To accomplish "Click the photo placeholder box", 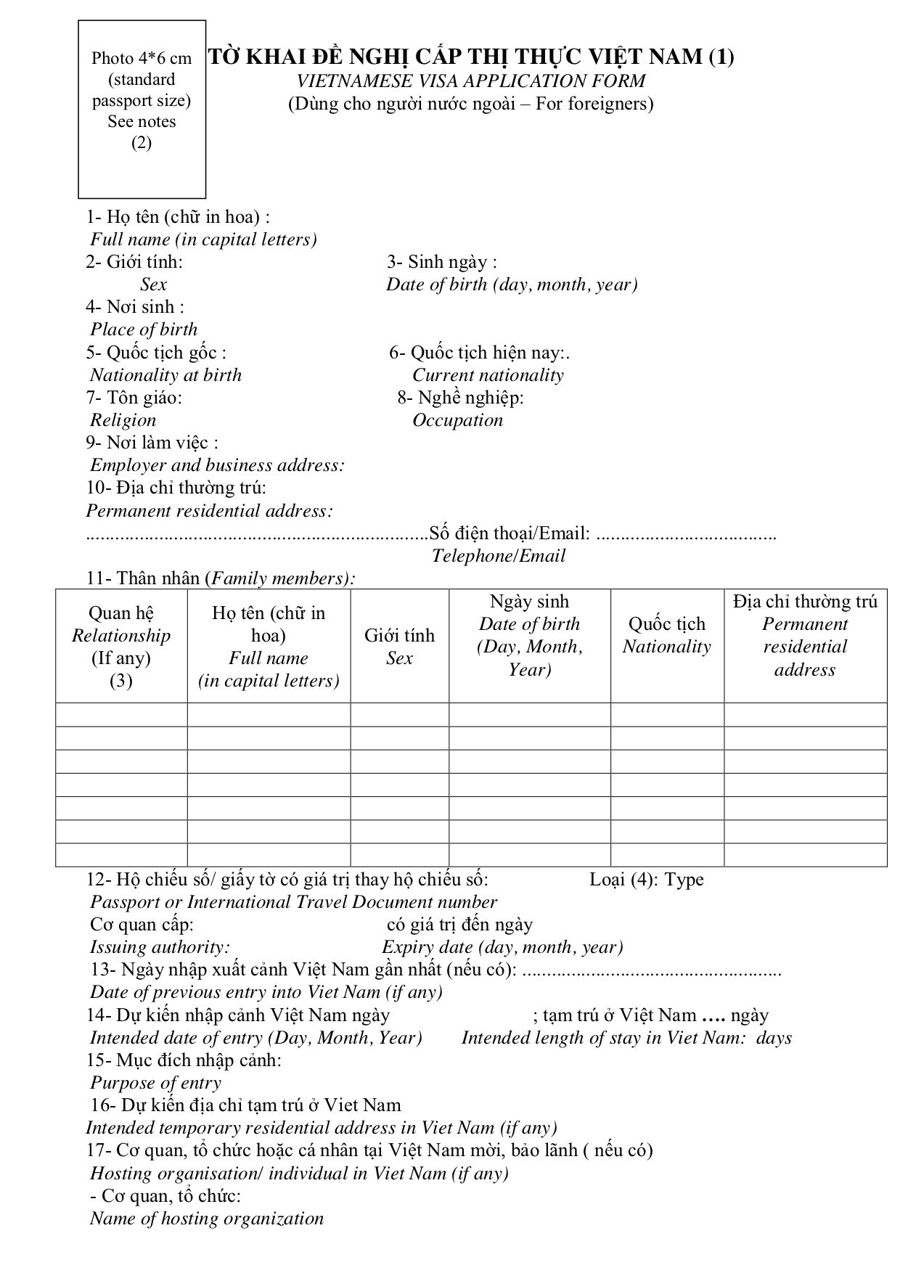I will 142,109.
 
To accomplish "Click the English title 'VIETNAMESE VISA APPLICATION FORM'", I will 470,81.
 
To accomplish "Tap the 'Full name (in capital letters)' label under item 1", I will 203,240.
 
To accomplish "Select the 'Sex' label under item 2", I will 153,285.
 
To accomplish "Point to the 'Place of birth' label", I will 144,329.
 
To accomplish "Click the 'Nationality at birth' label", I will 165,375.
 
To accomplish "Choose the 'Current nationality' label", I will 488,375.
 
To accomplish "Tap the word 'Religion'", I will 123,420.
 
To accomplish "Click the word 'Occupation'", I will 457,420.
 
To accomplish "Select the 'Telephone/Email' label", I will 499,556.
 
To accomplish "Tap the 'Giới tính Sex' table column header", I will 399,646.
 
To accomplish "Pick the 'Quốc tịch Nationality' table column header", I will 666,635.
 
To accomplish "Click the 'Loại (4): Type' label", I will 646,880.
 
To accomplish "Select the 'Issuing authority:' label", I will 160,947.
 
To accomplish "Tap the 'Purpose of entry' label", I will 155,1083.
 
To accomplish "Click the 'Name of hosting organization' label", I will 207,1219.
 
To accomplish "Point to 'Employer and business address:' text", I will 217,465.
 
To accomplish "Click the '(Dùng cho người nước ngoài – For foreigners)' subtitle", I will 470,104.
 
